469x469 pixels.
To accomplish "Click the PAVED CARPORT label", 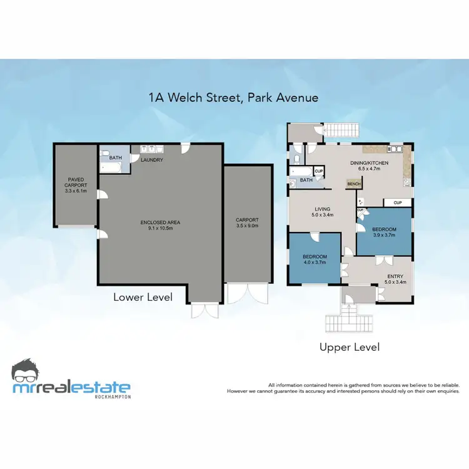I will point(75,181).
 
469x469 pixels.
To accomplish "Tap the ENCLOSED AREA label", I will point(160,223).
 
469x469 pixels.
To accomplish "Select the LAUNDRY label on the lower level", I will point(152,160).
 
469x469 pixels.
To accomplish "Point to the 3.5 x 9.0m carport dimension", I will point(246,225).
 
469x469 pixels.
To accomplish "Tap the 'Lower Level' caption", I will point(143,297).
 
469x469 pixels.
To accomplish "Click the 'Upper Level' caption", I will point(349,346).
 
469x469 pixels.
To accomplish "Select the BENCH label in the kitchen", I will point(354,184).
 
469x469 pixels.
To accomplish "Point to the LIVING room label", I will point(323,209).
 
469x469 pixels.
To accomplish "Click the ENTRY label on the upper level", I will point(395,276).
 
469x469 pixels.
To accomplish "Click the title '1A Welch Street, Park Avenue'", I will point(233,98).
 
